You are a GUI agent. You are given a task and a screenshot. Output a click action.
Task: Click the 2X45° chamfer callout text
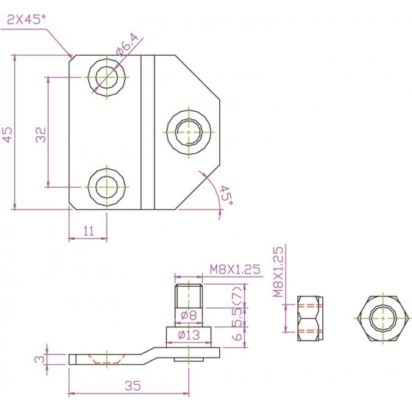tap(26, 19)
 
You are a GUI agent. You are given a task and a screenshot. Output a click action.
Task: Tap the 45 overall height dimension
tap(8, 135)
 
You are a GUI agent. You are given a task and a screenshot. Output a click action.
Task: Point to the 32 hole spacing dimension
tap(40, 135)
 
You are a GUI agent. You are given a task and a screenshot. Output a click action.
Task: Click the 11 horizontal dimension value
tap(88, 231)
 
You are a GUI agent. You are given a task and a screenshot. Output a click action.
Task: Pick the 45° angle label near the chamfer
tap(225, 196)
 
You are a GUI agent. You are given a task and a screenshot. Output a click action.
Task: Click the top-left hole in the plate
tap(107, 77)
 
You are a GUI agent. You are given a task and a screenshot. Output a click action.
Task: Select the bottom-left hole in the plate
tap(107, 187)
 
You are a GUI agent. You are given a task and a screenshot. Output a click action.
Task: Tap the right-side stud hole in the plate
tap(188, 132)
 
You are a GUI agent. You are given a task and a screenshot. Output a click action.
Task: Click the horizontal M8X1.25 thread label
tap(235, 269)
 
